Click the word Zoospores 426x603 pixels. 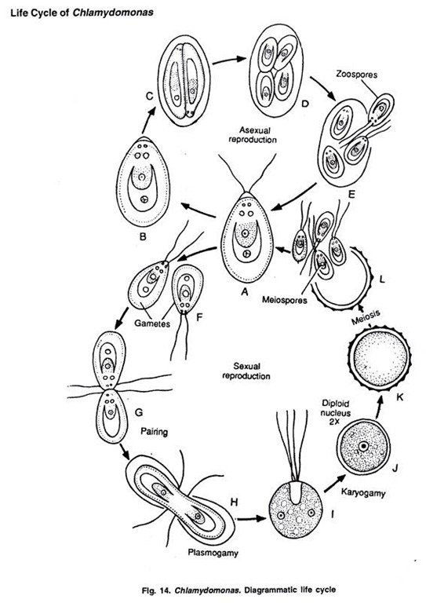(x=356, y=74)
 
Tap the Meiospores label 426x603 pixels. (x=285, y=300)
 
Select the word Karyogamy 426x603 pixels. (x=363, y=492)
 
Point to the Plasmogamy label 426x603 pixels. (x=213, y=553)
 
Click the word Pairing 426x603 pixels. (x=154, y=432)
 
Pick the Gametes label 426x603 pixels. (x=152, y=323)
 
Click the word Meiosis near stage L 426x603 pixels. (x=366, y=317)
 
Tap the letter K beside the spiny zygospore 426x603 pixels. (x=400, y=397)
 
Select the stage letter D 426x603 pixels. (x=305, y=103)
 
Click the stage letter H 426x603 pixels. (x=234, y=502)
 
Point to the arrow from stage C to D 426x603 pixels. (x=229, y=60)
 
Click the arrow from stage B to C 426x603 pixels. (x=148, y=119)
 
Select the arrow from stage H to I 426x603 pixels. (x=252, y=519)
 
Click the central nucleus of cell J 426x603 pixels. (x=363, y=447)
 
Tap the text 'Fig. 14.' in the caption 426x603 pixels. (x=157, y=590)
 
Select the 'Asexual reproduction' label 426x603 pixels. (x=253, y=134)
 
